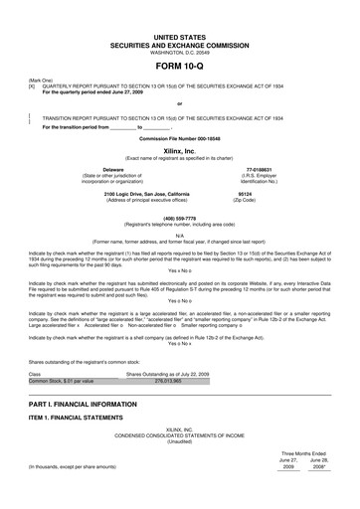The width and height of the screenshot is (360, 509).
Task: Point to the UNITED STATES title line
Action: [x=179, y=35]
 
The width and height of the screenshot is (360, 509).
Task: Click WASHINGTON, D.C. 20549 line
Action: [x=179, y=51]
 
